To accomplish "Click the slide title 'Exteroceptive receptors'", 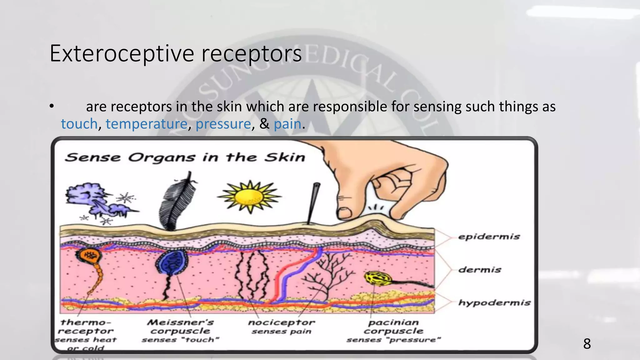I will (x=176, y=54).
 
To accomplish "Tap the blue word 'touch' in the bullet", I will (x=79, y=124).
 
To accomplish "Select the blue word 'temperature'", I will (x=146, y=124).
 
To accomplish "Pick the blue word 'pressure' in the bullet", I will (x=223, y=124).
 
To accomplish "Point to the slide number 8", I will (x=587, y=344).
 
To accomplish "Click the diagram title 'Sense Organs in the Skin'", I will (x=185, y=157).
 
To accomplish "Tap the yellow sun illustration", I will (x=249, y=197).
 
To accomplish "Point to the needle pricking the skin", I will (x=313, y=203).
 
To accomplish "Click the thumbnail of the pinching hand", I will (x=344, y=213).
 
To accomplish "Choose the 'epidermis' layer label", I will (x=489, y=237).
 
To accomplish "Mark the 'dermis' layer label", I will (x=480, y=269).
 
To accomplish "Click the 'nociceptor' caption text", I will (x=281, y=322).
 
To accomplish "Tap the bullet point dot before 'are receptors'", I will (x=52, y=107).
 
